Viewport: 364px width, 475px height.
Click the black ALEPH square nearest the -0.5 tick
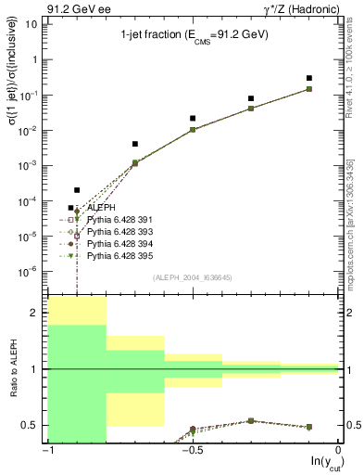[193, 118]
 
